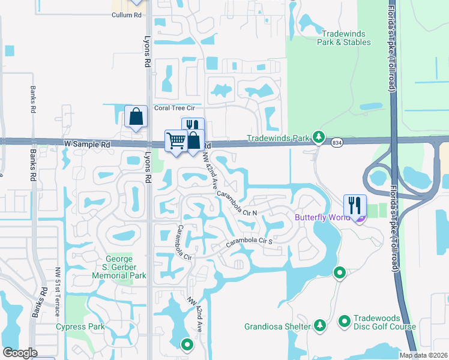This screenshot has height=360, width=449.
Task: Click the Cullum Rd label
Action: tap(127, 14)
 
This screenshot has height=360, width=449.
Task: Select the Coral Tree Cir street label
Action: tap(175, 108)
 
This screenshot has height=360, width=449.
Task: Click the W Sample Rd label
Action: tap(87, 145)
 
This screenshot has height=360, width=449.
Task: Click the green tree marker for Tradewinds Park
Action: tap(319, 139)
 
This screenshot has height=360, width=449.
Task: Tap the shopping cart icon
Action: tap(176, 141)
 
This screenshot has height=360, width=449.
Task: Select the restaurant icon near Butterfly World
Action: tap(355, 205)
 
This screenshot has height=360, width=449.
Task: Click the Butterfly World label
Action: tap(322, 217)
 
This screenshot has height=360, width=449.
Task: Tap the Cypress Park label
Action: tap(80, 327)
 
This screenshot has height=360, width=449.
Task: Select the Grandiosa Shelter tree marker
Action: tap(320, 326)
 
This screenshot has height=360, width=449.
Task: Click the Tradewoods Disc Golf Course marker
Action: tap(345, 323)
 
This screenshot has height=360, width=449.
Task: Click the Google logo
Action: tap(20, 352)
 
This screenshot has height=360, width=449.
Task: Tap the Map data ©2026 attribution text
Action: tap(423, 355)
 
